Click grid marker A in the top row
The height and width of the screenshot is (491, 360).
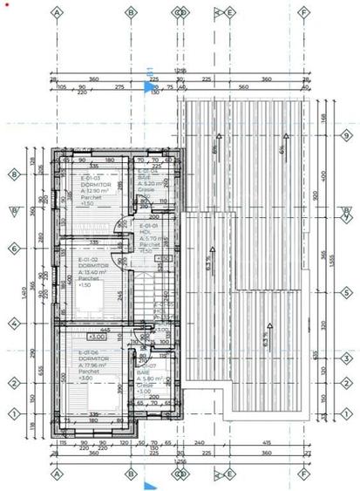click(x=58, y=13)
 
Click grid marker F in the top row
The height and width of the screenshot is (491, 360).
click(x=303, y=13)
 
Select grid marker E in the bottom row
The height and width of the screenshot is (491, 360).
click(x=229, y=476)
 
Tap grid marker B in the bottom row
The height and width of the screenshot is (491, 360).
click(x=131, y=476)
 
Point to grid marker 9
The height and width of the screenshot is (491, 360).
click(x=345, y=136)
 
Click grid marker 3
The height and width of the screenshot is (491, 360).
click(x=345, y=358)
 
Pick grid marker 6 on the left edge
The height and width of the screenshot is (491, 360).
click(x=14, y=249)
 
